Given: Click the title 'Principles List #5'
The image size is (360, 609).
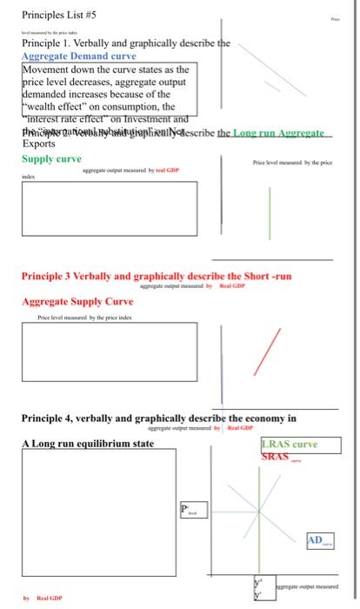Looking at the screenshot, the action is click(x=59, y=13).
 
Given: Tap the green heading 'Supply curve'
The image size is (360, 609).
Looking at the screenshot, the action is click(x=51, y=159).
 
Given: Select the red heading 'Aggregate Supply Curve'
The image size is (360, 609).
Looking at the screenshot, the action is click(x=77, y=301).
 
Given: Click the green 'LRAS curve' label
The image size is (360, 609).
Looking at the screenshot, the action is click(x=290, y=444).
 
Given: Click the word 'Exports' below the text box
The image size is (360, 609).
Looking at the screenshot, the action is click(x=38, y=144).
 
